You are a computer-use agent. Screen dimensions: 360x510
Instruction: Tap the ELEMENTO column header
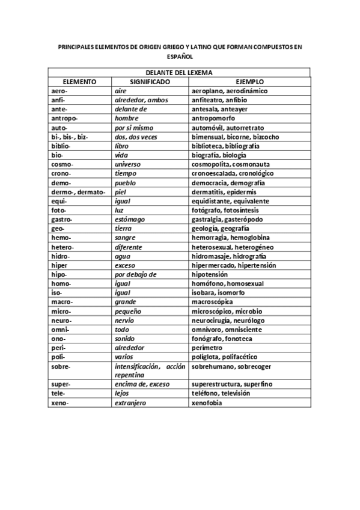point(80,82)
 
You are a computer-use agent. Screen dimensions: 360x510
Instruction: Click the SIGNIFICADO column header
point(150,82)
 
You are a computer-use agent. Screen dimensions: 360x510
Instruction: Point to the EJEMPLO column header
point(249,82)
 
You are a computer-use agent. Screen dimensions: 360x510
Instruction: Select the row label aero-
point(60,91)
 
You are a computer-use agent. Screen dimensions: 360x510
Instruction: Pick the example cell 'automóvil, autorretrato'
point(227,128)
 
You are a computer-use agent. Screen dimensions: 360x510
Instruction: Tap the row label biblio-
point(62,146)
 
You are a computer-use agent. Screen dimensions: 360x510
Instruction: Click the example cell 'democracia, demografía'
point(228,183)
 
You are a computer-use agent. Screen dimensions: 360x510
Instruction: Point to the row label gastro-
point(63,220)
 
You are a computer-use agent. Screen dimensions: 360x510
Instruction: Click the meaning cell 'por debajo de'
point(135,274)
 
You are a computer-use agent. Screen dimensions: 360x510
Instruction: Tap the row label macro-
point(62,301)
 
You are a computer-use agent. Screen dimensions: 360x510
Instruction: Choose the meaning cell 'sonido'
point(125,338)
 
